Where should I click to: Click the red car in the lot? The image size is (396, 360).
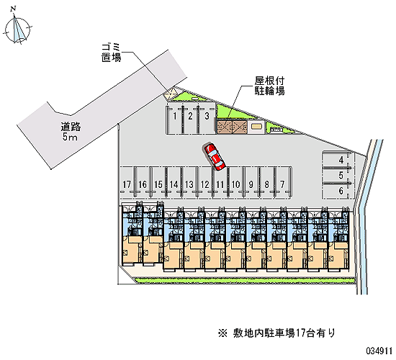point(214,157)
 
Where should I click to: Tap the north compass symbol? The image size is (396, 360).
point(18,27)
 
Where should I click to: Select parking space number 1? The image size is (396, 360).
point(174,118)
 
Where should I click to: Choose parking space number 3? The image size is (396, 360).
point(207,118)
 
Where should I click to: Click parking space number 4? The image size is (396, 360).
point(338,160)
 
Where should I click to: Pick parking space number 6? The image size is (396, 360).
point(338,191)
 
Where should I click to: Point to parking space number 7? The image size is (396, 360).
point(282,182)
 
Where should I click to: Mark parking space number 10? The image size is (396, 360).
point(235,182)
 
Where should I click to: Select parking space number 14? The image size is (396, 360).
point(174,182)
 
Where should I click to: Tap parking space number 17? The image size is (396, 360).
point(127,182)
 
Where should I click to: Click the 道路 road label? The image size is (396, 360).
point(71,127)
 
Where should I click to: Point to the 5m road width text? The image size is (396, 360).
point(71,137)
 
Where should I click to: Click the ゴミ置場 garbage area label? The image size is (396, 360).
point(112,53)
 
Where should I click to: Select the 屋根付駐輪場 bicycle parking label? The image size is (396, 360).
point(269,86)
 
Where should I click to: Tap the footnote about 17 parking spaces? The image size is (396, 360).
point(276,333)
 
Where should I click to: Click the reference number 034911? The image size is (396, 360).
point(379,351)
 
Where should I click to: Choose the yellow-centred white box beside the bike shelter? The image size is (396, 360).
point(256,126)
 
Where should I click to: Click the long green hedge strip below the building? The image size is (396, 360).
point(245,280)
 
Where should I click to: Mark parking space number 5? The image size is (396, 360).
point(338,176)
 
